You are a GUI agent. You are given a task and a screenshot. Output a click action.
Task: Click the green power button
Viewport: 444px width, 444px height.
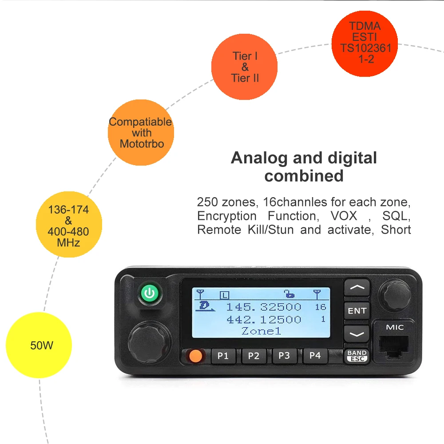[x=150, y=293]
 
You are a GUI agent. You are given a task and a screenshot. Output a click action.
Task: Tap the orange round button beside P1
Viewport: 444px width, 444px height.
[x=194, y=356]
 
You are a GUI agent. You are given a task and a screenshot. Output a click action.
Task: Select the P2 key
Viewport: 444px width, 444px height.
[x=254, y=356]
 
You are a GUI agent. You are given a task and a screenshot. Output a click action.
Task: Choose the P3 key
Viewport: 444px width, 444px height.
[x=284, y=356]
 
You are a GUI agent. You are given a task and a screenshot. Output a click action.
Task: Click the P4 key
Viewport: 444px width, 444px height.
[x=315, y=356]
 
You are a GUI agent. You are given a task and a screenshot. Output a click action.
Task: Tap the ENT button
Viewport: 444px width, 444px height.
[x=357, y=311]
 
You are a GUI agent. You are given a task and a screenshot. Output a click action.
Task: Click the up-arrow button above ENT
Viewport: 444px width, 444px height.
[x=357, y=288]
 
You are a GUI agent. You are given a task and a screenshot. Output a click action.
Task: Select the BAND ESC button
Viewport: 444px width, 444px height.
[x=357, y=356]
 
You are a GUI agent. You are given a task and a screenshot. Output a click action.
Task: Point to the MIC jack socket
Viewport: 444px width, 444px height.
[x=395, y=345]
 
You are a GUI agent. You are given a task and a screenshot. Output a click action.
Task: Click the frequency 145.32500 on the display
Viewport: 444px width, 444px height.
[x=264, y=307]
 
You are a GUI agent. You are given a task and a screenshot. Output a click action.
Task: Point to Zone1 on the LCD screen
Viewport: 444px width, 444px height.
[x=261, y=331]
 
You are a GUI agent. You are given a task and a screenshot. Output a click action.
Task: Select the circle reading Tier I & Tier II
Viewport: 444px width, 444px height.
[x=245, y=67]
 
